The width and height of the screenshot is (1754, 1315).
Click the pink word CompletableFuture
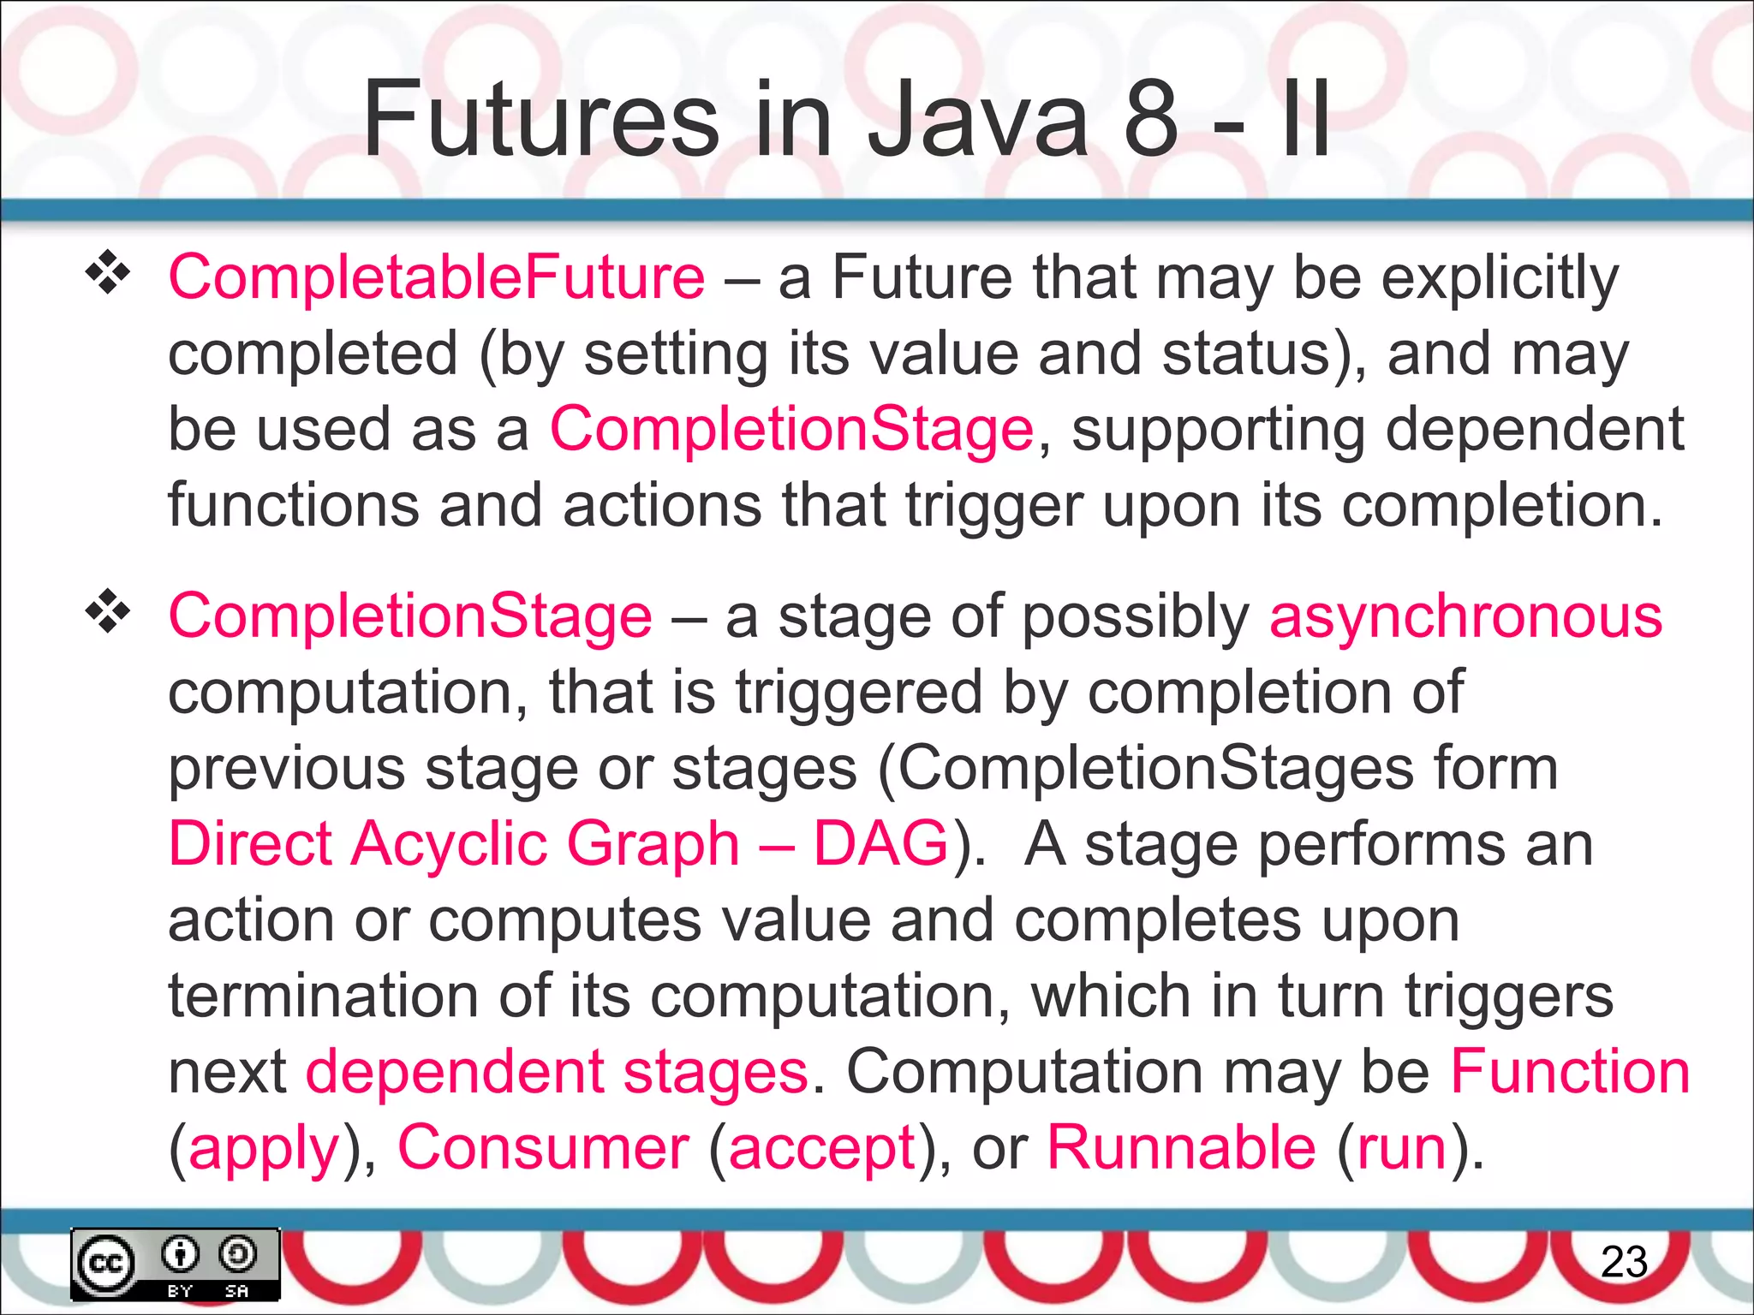tap(437, 277)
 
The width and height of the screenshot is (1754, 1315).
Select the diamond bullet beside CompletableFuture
tap(108, 273)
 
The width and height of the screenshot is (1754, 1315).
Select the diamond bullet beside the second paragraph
tap(108, 611)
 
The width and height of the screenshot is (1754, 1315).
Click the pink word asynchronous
tap(1465, 616)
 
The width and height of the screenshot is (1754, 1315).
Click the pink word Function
tap(1570, 1072)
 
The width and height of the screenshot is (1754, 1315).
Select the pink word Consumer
tap(543, 1147)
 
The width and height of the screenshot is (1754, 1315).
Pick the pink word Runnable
tap(1181, 1147)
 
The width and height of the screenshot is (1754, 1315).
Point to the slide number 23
tap(1624, 1262)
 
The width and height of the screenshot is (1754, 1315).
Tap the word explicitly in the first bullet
tap(1500, 279)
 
